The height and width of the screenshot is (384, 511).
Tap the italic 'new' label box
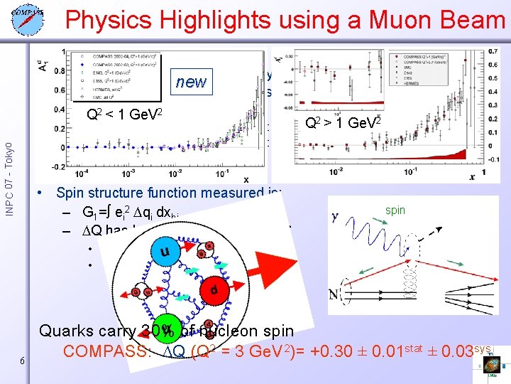tap(192, 82)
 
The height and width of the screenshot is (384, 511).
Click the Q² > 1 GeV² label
tap(344, 122)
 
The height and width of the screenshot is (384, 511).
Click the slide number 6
tap(23, 361)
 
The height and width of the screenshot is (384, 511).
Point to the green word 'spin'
tap(395, 211)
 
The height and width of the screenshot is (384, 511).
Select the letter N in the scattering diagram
tap(334, 293)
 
